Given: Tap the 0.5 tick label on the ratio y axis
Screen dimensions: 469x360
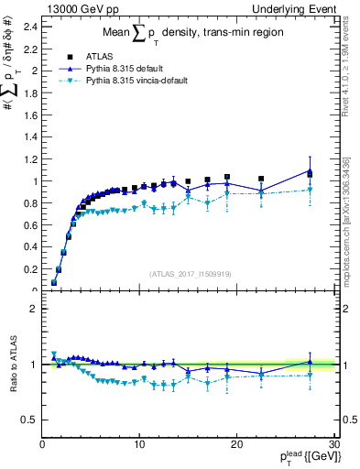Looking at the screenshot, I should click(x=31, y=420).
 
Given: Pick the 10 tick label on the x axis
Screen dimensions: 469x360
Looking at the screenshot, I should click(x=139, y=444).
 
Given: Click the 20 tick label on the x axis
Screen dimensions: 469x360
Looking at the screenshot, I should click(x=237, y=444).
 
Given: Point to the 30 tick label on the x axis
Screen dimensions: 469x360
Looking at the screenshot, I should click(x=334, y=444).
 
